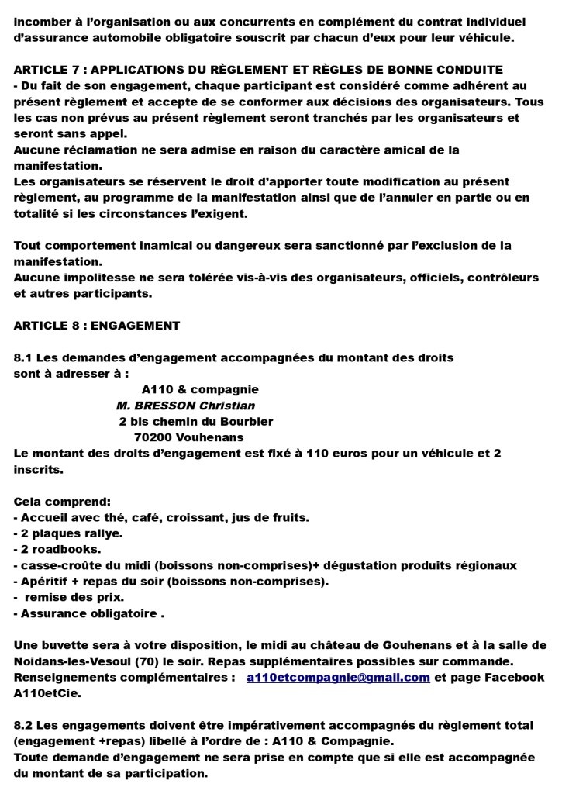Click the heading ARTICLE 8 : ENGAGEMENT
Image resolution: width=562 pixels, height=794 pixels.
[97, 326]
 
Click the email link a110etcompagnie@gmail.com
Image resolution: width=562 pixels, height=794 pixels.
[338, 677]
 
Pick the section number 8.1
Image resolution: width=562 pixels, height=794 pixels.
[24, 357]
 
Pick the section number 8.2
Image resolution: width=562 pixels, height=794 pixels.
[24, 724]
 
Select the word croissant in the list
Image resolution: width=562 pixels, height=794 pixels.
[201, 517]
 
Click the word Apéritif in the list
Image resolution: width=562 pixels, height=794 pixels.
[48, 581]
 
